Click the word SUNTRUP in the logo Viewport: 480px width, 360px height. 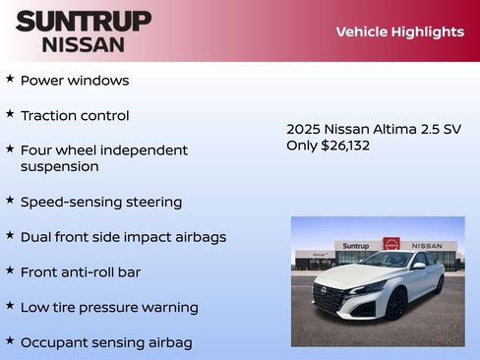84,21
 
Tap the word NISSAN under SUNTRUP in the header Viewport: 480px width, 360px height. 84,43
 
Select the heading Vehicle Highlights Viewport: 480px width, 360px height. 399,31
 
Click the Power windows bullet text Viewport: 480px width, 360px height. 75,80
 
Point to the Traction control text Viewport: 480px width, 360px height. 75,115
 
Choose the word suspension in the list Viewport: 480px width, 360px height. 59,166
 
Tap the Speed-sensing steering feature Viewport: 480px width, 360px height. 101,202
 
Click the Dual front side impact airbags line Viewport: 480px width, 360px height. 123,237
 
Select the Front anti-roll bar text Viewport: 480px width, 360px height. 81,271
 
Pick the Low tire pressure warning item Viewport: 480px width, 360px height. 109,307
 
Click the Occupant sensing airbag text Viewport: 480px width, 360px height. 106,342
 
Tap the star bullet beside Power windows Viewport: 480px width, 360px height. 10,78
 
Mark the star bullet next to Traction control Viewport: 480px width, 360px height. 10,113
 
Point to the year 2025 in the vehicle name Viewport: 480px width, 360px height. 303,129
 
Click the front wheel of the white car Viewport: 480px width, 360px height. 395,304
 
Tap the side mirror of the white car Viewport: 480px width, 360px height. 419,266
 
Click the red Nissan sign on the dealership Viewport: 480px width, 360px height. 390,244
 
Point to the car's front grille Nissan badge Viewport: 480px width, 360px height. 320,291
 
